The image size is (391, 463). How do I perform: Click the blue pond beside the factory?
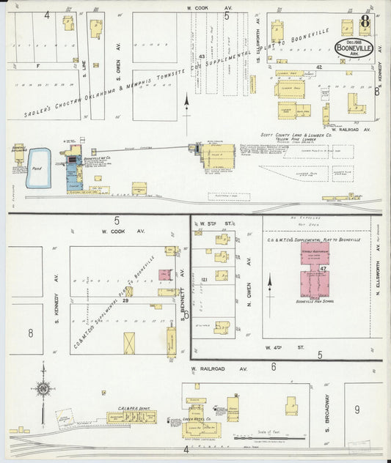(x=38, y=168)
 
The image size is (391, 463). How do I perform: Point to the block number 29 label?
(x=126, y=300)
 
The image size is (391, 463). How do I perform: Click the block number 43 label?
(x=201, y=56)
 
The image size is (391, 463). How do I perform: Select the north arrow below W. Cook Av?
(x=187, y=105)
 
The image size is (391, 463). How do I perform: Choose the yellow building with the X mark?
(x=130, y=343)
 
